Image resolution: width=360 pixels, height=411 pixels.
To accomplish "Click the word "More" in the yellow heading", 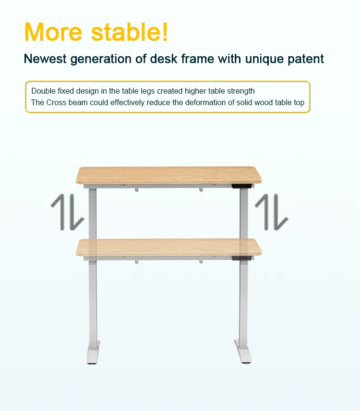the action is pyautogui.click(x=53, y=32).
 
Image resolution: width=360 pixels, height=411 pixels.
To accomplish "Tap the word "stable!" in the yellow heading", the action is pyautogui.click(x=130, y=32).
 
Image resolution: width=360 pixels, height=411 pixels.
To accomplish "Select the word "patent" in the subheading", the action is pyautogui.click(x=306, y=59).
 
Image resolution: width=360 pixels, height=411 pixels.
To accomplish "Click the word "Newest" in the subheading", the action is pyautogui.click(x=45, y=59).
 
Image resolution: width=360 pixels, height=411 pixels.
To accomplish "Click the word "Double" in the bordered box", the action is pyautogui.click(x=44, y=91).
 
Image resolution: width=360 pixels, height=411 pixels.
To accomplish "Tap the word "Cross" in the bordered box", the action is pyautogui.click(x=56, y=102).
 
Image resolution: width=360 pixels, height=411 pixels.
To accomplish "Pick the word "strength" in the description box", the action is pyautogui.click(x=241, y=91).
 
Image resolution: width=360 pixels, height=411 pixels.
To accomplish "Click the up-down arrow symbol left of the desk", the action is pyautogui.click(x=68, y=212).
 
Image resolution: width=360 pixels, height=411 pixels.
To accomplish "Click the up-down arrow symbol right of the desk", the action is pyautogui.click(x=272, y=212).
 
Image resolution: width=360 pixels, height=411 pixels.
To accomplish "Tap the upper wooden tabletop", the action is pyautogui.click(x=169, y=175).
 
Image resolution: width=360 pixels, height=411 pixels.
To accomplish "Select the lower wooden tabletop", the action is pyautogui.click(x=169, y=247).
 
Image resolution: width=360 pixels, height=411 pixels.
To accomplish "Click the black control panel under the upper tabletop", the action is pyautogui.click(x=241, y=186).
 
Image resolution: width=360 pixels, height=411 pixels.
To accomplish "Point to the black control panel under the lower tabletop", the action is pyautogui.click(x=241, y=258).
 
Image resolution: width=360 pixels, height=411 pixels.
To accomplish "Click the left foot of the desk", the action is pyautogui.click(x=93, y=352).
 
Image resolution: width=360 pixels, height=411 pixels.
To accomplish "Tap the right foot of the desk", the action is pyautogui.click(x=243, y=351).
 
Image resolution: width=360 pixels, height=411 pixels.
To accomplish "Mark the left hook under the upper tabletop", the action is pyautogui.click(x=137, y=189).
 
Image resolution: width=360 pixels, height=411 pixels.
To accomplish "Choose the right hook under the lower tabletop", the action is pyautogui.click(x=201, y=261).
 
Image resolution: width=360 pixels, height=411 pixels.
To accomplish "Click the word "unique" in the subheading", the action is pyautogui.click(x=264, y=59).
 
